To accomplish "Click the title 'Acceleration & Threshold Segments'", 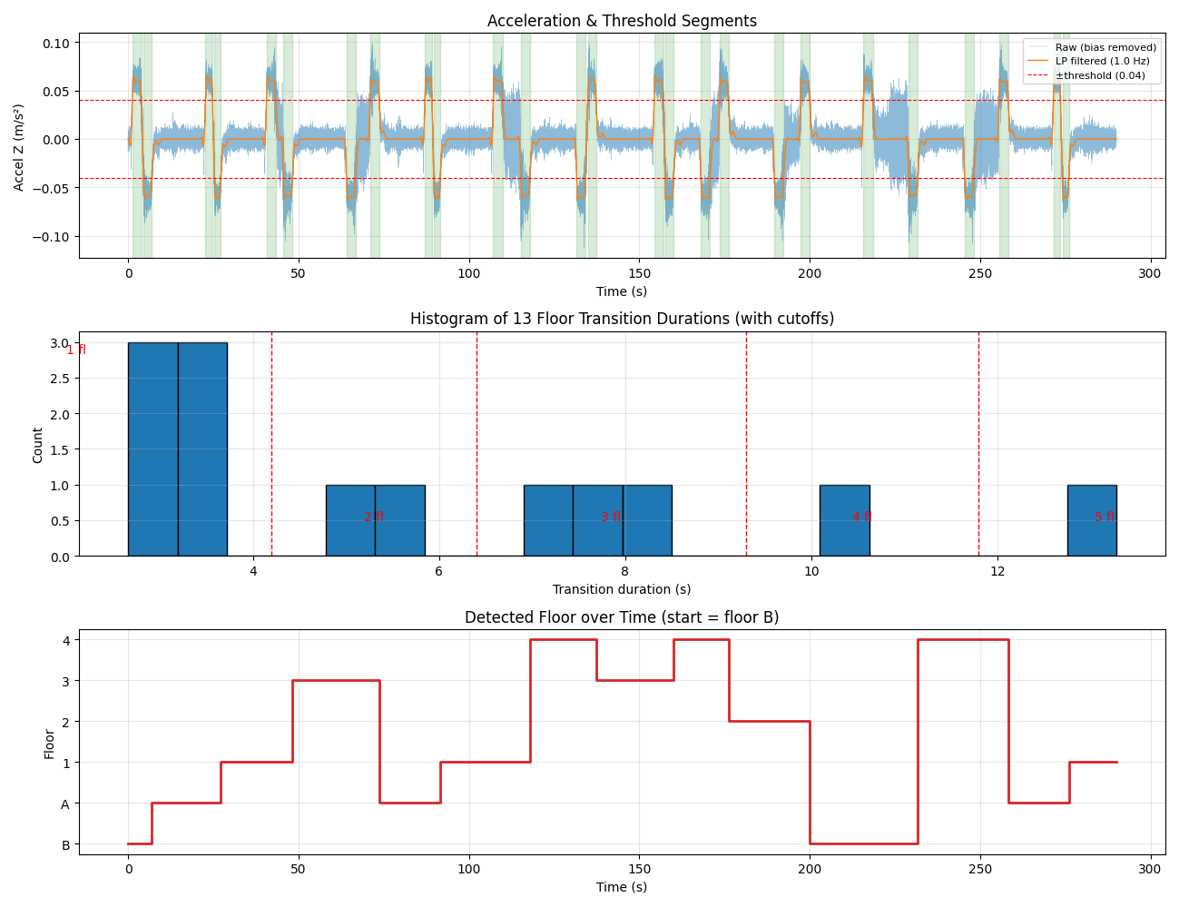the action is click(621, 21).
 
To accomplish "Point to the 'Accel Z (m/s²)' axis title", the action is click(18, 148).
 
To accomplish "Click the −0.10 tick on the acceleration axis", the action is click(51, 237).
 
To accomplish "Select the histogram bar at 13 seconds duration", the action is click(1092, 520).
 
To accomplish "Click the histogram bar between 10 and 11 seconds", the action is click(844, 520).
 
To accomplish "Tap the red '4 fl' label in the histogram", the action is click(861, 517).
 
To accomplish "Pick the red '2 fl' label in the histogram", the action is click(373, 517).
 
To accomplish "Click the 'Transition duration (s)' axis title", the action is click(621, 589).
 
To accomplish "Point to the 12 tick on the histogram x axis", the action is click(997, 571).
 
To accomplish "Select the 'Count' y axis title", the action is click(37, 445).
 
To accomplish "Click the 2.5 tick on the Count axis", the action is click(60, 378).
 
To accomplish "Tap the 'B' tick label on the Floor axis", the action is click(65, 844).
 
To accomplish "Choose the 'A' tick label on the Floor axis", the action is click(65, 803).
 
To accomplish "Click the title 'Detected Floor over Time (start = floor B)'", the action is click(621, 617).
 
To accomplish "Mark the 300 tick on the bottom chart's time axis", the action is click(1149, 869).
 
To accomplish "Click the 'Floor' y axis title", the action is click(49, 744).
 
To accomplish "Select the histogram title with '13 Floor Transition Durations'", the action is click(621, 319).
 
